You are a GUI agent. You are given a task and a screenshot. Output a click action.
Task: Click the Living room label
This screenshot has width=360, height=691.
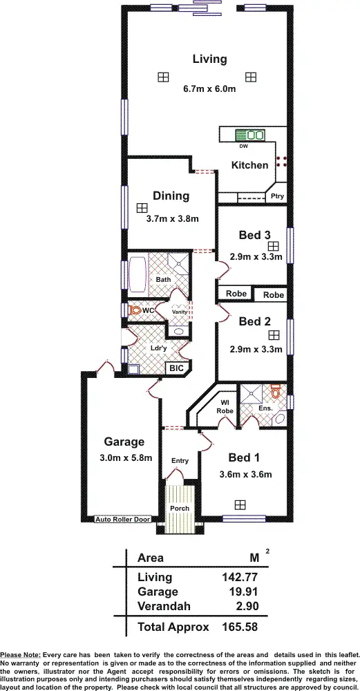coord(209,59)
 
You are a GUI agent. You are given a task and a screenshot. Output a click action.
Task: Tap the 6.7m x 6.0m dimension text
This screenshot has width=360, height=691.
coord(209,88)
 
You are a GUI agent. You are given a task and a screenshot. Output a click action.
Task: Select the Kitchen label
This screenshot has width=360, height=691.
coord(249,165)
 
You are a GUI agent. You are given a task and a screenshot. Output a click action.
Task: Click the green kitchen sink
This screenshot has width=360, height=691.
coord(250,135)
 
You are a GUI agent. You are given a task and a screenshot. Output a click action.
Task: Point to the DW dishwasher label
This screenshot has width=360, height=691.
coord(243,146)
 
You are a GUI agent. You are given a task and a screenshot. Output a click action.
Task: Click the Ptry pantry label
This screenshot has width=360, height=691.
coord(277,196)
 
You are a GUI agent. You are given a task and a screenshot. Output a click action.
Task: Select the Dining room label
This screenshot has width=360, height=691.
coord(170,196)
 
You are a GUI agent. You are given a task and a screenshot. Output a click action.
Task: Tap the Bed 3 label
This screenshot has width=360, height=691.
coord(254,235)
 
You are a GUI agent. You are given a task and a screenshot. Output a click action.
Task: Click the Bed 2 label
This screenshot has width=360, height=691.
coord(254,321)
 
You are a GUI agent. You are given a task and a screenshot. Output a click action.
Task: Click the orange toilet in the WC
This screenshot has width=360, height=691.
coord(133,312)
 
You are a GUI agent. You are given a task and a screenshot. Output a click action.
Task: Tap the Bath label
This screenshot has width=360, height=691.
coord(163,280)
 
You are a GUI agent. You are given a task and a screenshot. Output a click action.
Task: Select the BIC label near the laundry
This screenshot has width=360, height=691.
coord(177,368)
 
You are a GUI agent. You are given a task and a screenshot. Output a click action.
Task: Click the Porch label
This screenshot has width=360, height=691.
coord(179,509)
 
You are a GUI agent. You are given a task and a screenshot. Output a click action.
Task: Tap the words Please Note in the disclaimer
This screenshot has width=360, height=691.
coord(19,654)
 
